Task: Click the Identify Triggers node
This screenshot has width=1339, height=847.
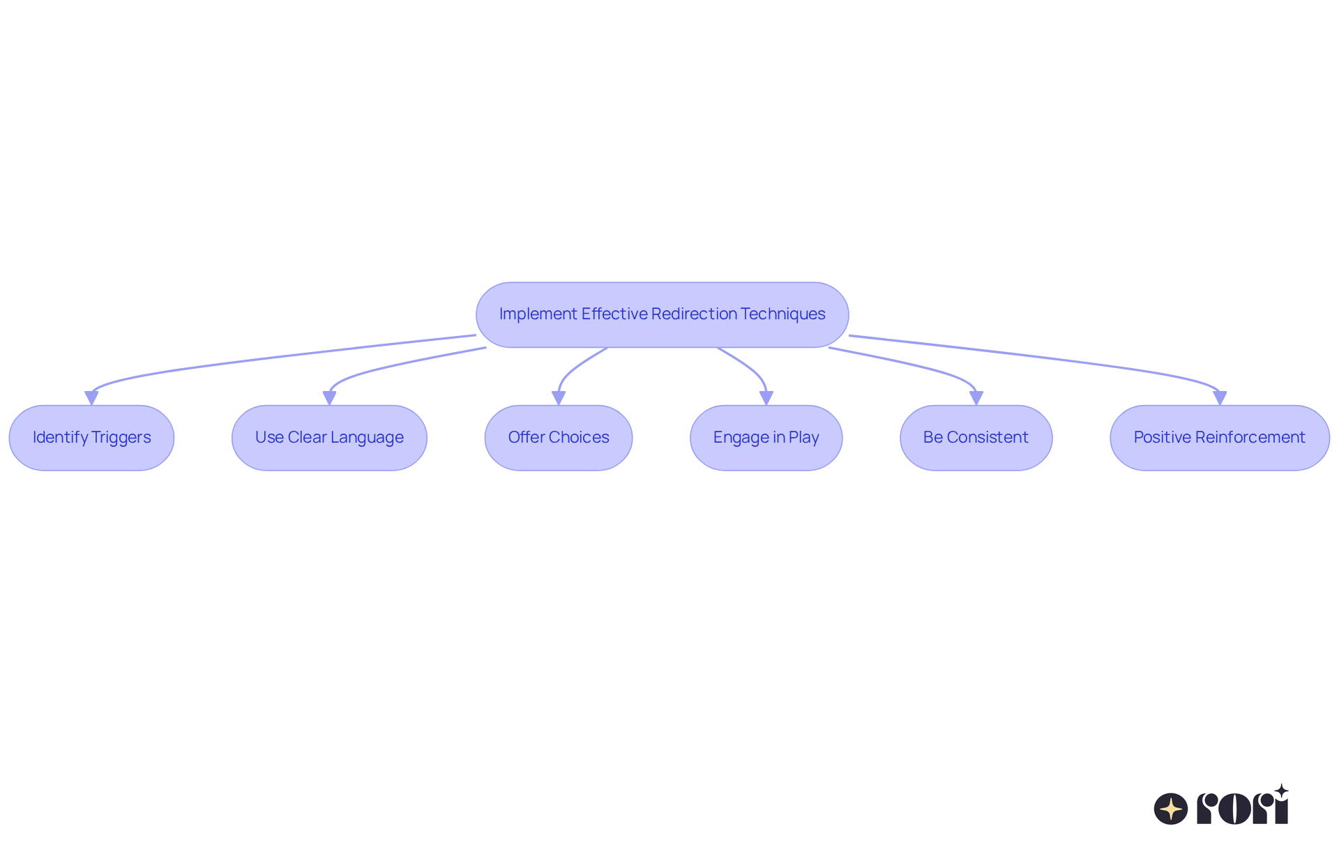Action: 91,438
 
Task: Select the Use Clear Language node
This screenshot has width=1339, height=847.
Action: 329,438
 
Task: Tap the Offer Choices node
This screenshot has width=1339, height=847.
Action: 559,438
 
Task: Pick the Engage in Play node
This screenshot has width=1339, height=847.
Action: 766,438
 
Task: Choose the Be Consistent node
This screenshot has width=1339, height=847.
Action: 976,438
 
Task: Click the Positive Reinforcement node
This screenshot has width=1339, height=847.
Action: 1219,438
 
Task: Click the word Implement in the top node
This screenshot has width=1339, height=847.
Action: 538,314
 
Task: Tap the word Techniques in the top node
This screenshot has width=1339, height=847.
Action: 783,314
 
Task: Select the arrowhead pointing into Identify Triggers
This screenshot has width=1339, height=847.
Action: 91,398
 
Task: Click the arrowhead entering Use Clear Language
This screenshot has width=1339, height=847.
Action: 329,398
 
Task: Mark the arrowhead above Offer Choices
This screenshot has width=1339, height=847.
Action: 559,398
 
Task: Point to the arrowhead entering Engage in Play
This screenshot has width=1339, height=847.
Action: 766,398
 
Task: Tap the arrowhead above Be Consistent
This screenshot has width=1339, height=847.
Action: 976,398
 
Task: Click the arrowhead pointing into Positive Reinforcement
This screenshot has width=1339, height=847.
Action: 1219,398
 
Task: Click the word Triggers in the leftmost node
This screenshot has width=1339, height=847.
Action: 121,438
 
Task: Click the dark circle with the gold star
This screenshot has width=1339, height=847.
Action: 1170,809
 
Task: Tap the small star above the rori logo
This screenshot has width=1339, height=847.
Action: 1281,791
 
